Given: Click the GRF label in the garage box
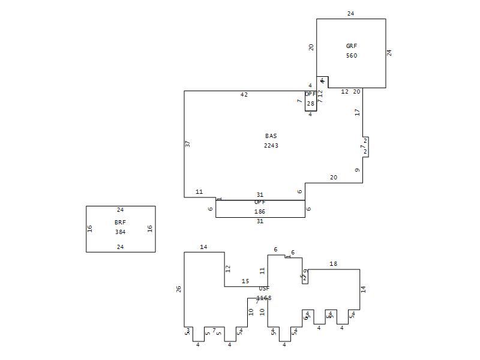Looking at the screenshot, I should [351, 46].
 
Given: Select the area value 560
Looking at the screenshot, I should [351, 56].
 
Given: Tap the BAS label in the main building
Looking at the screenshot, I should [271, 136].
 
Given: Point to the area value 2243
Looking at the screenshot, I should [271, 146].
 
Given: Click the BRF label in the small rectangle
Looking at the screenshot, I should [120, 222].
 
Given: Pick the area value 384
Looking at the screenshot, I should [120, 232].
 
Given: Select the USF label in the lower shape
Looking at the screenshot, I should [264, 289].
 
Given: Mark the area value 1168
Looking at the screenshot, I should [264, 298].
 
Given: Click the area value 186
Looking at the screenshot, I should [260, 212].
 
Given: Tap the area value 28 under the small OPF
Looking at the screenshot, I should [310, 104].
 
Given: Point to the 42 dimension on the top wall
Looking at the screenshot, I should [244, 95].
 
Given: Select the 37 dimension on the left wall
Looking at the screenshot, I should [188, 144].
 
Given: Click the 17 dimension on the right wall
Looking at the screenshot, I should [357, 112].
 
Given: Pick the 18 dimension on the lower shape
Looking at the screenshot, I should [333, 264].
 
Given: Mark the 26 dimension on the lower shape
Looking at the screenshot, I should [179, 289].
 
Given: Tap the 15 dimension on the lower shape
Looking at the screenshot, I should [245, 281].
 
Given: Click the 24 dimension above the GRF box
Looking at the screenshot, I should [350, 13].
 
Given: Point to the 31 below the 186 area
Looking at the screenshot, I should [260, 221].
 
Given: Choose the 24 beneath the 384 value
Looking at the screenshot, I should [120, 247].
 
